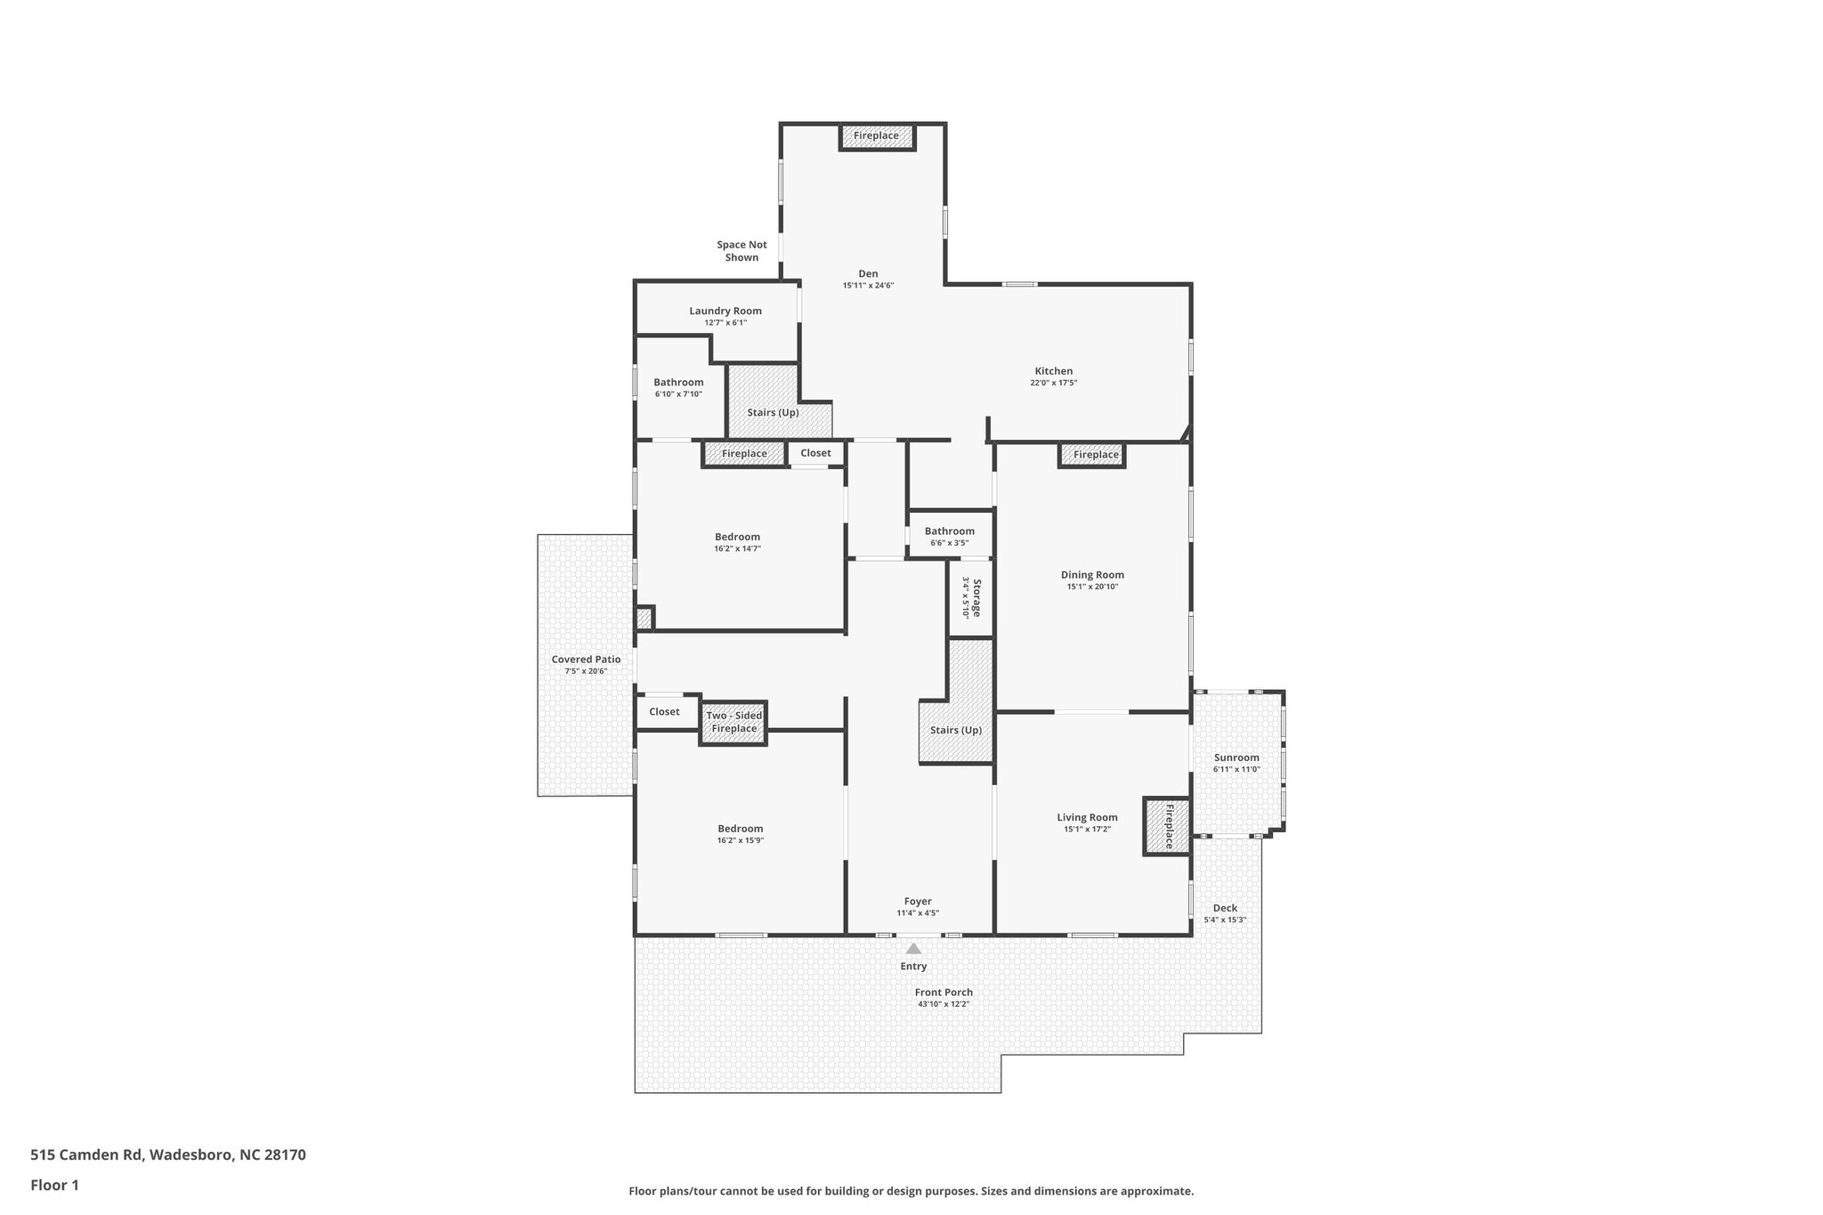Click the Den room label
[868, 274]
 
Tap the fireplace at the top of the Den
[877, 136]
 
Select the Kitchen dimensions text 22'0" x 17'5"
[1053, 384]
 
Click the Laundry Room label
[725, 312]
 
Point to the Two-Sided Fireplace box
[733, 723]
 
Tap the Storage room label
[976, 598]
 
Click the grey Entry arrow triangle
[913, 949]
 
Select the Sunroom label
[1236, 758]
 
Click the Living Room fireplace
[1167, 826]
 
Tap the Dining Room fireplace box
[1093, 455]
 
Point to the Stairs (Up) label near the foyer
[956, 730]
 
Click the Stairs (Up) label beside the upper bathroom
[773, 413]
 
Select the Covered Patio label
[586, 660]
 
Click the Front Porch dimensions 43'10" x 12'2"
[944, 1004]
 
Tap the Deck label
[1225, 909]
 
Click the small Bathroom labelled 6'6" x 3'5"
[949, 532]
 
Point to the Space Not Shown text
[741, 251]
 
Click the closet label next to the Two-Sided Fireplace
[664, 712]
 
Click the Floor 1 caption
[54, 1185]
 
